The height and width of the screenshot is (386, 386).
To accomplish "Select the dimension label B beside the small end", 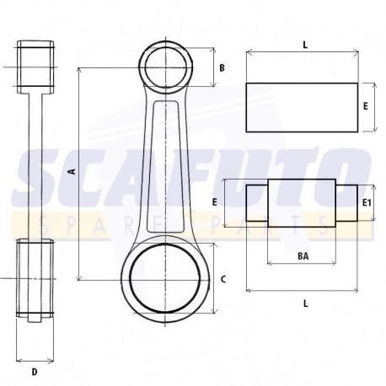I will point(222,67).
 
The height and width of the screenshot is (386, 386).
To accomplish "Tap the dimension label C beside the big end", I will point(222,277).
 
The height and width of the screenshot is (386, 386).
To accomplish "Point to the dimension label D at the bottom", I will point(34,370).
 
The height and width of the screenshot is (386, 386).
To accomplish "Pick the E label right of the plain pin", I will point(364,107).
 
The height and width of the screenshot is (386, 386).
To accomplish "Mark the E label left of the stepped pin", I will point(216,202).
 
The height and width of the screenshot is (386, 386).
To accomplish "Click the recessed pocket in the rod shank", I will point(167,164).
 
